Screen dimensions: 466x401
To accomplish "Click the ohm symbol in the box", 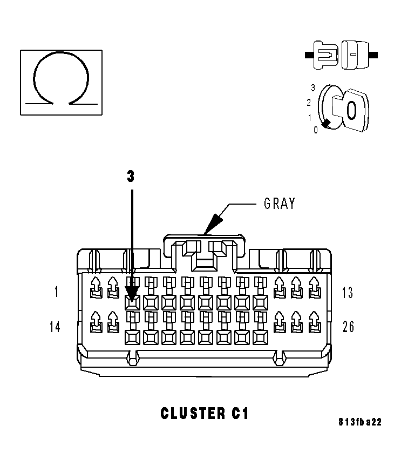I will (61, 81).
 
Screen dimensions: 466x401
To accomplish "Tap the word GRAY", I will (279, 204).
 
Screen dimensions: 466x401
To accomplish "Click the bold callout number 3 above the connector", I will (131, 177).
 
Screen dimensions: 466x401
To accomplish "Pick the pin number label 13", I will (348, 293).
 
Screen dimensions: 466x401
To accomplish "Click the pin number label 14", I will (55, 327).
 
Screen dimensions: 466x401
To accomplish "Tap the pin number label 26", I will (348, 327).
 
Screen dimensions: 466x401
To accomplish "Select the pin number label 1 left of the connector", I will (57, 293).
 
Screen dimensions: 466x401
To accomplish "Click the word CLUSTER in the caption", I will (190, 414).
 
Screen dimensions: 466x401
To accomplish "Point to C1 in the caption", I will (237, 414).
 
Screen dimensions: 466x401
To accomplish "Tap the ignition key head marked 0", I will (349, 110).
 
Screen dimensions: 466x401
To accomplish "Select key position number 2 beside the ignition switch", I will (309, 102).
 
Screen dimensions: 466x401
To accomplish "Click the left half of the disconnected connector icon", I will (325, 55).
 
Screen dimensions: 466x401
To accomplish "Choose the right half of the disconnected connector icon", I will (354, 55).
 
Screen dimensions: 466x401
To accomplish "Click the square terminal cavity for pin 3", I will (132, 302).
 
